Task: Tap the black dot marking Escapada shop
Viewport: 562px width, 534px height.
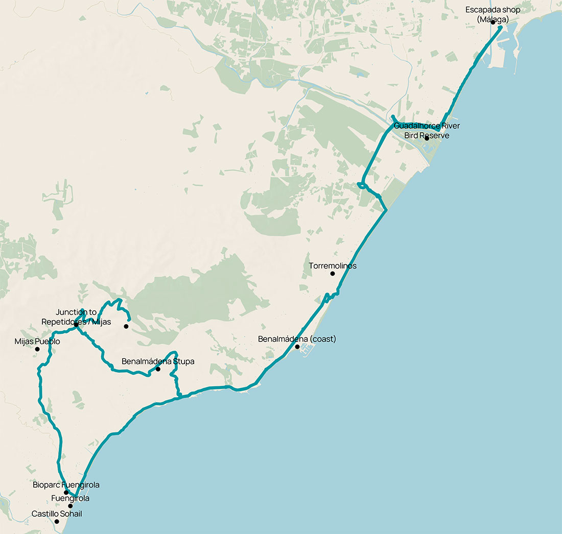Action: click(493, 22)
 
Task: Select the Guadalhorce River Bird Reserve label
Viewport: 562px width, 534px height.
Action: click(427, 130)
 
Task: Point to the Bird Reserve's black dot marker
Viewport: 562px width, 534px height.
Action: click(427, 138)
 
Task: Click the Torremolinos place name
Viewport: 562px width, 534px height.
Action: click(333, 266)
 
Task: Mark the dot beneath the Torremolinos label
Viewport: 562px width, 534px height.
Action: click(333, 274)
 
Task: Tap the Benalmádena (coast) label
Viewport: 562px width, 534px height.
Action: click(297, 339)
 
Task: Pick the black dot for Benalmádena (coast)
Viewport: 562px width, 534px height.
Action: click(297, 347)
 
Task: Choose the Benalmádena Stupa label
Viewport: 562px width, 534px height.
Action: click(158, 361)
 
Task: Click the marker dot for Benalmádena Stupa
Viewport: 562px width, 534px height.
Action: click(158, 369)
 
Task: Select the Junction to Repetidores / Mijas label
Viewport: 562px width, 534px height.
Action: click(76, 317)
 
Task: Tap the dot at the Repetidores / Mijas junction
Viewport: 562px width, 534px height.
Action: click(76, 325)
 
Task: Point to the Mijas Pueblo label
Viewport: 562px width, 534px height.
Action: click(37, 342)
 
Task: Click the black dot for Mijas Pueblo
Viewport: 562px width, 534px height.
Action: click(37, 349)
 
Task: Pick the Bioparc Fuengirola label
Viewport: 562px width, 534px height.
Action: click(66, 485)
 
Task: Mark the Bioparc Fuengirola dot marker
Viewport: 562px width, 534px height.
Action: click(66, 493)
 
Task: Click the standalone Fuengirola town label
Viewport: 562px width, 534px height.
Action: click(71, 498)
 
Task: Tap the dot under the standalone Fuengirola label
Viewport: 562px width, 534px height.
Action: click(71, 506)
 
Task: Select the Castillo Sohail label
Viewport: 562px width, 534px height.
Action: click(57, 514)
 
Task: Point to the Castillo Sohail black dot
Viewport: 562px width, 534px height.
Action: click(57, 521)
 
